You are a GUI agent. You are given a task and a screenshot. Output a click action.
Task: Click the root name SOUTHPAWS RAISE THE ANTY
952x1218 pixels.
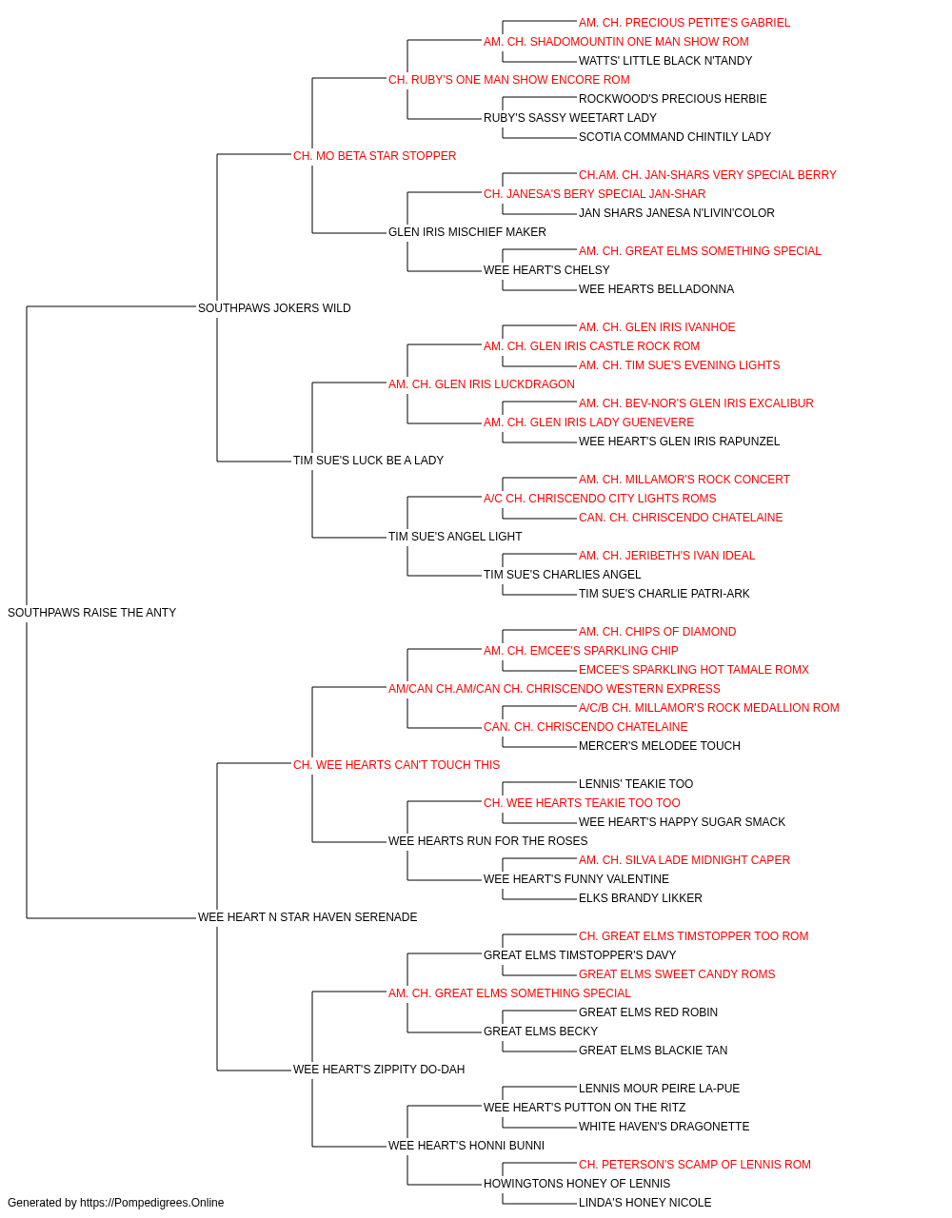pyautogui.click(x=92, y=612)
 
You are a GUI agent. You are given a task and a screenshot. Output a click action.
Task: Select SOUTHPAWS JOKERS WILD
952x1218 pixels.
pyautogui.click(x=274, y=307)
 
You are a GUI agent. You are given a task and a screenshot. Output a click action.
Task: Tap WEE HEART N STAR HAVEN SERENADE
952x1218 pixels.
pyautogui.click(x=307, y=916)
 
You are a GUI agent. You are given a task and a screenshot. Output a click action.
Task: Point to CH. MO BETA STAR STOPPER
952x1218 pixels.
pyautogui.click(x=374, y=156)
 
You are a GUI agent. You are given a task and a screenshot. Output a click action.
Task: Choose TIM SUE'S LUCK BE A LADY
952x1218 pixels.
pyautogui.click(x=367, y=461)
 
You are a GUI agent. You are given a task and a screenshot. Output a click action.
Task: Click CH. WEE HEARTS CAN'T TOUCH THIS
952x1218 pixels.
pyautogui.click(x=396, y=764)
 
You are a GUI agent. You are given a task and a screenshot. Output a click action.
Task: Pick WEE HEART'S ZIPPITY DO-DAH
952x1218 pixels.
pyautogui.click(x=379, y=1069)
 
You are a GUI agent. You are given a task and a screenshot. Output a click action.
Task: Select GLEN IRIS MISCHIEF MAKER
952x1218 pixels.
pyautogui.click(x=467, y=232)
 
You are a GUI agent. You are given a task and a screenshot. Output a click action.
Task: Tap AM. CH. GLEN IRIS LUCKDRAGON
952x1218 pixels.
pyautogui.click(x=481, y=383)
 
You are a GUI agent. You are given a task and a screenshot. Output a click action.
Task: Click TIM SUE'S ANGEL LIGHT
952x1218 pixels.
pyautogui.click(x=455, y=537)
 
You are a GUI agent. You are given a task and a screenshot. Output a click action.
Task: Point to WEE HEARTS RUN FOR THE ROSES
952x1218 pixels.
pyautogui.click(x=487, y=841)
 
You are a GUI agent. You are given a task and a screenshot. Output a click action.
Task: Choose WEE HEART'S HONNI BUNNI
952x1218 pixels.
pyautogui.click(x=466, y=1145)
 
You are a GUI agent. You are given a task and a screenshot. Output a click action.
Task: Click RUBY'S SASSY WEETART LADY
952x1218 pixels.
pyautogui.click(x=569, y=118)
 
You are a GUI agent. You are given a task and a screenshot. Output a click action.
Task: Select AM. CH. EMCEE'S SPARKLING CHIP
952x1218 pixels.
pyautogui.click(x=581, y=650)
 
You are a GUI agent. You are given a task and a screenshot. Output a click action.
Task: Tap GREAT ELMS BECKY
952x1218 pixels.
pyautogui.click(x=541, y=1031)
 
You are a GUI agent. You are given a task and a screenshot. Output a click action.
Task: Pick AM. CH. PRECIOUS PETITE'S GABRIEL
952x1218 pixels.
pyautogui.click(x=684, y=23)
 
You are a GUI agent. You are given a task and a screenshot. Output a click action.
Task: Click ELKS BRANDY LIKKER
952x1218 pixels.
pyautogui.click(x=641, y=897)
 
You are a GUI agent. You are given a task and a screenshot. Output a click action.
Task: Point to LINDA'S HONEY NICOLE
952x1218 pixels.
pyautogui.click(x=645, y=1203)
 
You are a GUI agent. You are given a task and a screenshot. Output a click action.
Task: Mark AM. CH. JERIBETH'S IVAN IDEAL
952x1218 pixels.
pyautogui.click(x=666, y=556)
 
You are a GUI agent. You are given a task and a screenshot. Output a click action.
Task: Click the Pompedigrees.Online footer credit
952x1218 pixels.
pyautogui.click(x=115, y=1203)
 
